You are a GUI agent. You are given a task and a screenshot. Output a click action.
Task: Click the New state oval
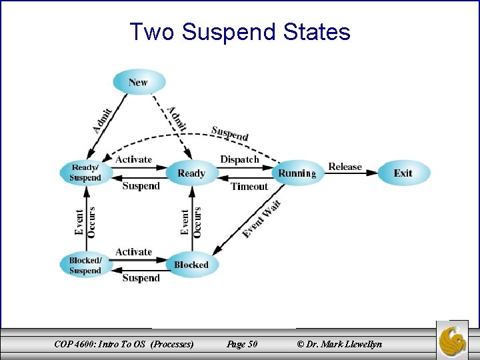tap(138, 82)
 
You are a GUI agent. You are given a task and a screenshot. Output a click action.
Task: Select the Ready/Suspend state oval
tap(85, 173)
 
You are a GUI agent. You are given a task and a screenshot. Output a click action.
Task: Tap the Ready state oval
tap(191, 173)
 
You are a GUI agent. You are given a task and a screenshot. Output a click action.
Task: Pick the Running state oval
tap(297, 173)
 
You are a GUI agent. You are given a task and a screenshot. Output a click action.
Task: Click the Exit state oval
tap(403, 173)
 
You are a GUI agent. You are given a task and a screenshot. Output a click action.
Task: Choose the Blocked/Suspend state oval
tap(85, 265)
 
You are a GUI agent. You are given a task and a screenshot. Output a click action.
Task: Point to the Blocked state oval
tap(191, 265)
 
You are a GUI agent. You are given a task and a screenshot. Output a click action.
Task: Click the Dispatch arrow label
tap(239, 159)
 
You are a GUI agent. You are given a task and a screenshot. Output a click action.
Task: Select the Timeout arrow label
tap(249, 187)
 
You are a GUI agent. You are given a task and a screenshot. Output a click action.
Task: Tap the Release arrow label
tap(345, 167)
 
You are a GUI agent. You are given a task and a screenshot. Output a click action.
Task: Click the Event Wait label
tap(262, 219)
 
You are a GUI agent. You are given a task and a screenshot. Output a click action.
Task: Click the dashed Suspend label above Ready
tap(230, 133)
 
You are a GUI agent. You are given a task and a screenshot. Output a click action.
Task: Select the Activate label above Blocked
tap(133, 251)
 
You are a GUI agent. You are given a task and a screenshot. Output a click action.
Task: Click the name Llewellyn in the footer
tap(360, 344)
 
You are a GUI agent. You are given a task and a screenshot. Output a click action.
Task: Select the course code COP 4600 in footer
tap(76, 344)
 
